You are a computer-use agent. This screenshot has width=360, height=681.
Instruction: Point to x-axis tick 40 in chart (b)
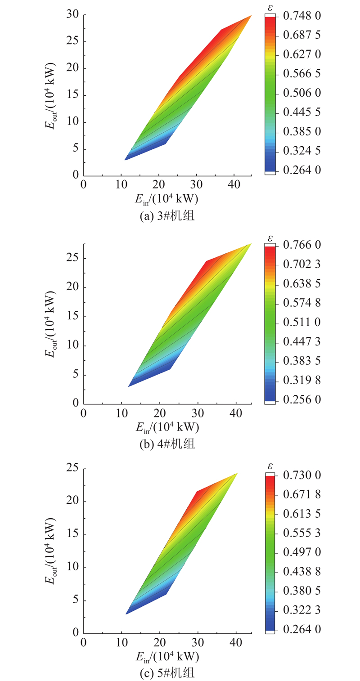(x=237, y=413)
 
